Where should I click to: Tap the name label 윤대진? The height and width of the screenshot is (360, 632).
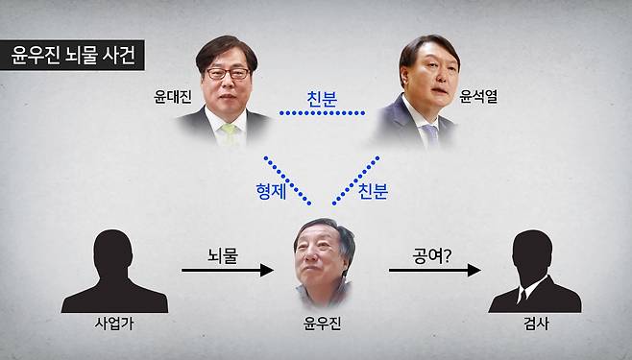pyautogui.click(x=172, y=97)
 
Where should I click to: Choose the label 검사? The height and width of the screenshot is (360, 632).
pyautogui.click(x=533, y=324)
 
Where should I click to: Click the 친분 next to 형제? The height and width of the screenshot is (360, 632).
pyautogui.click(x=373, y=190)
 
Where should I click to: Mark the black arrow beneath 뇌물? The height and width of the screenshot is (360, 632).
pyautogui.click(x=228, y=272)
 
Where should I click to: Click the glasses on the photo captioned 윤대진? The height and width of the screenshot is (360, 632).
pyautogui.click(x=229, y=73)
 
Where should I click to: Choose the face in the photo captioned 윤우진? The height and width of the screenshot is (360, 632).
pyautogui.click(x=317, y=258)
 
